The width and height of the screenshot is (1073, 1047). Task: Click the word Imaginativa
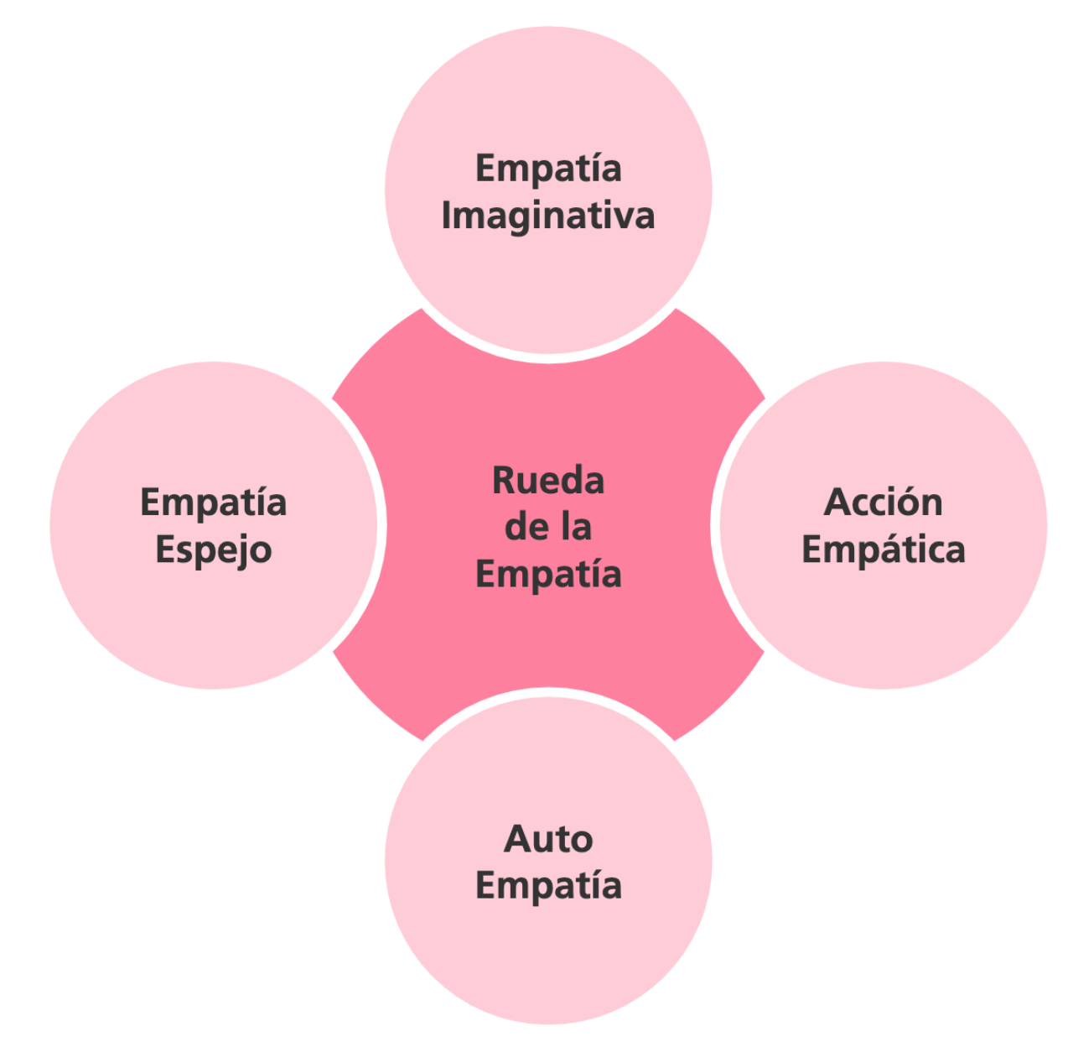(548, 216)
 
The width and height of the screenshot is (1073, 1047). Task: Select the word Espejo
(214, 551)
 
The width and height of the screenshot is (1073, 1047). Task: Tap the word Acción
(884, 503)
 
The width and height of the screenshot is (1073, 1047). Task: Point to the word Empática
(884, 550)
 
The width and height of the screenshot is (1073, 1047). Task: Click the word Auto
(548, 839)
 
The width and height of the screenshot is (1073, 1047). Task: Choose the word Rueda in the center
(548, 481)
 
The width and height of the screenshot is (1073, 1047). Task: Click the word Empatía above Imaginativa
(548, 168)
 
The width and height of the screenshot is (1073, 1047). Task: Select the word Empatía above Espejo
(214, 503)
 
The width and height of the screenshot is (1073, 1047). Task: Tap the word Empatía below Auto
(548, 886)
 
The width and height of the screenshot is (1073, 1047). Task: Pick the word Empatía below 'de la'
(548, 575)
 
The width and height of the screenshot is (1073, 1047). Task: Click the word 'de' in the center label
(526, 528)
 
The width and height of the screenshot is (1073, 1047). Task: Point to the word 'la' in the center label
(577, 528)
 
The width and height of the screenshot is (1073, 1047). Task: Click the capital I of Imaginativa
(447, 216)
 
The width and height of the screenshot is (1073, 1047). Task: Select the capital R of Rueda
(503, 481)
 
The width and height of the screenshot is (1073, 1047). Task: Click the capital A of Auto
(517, 839)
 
